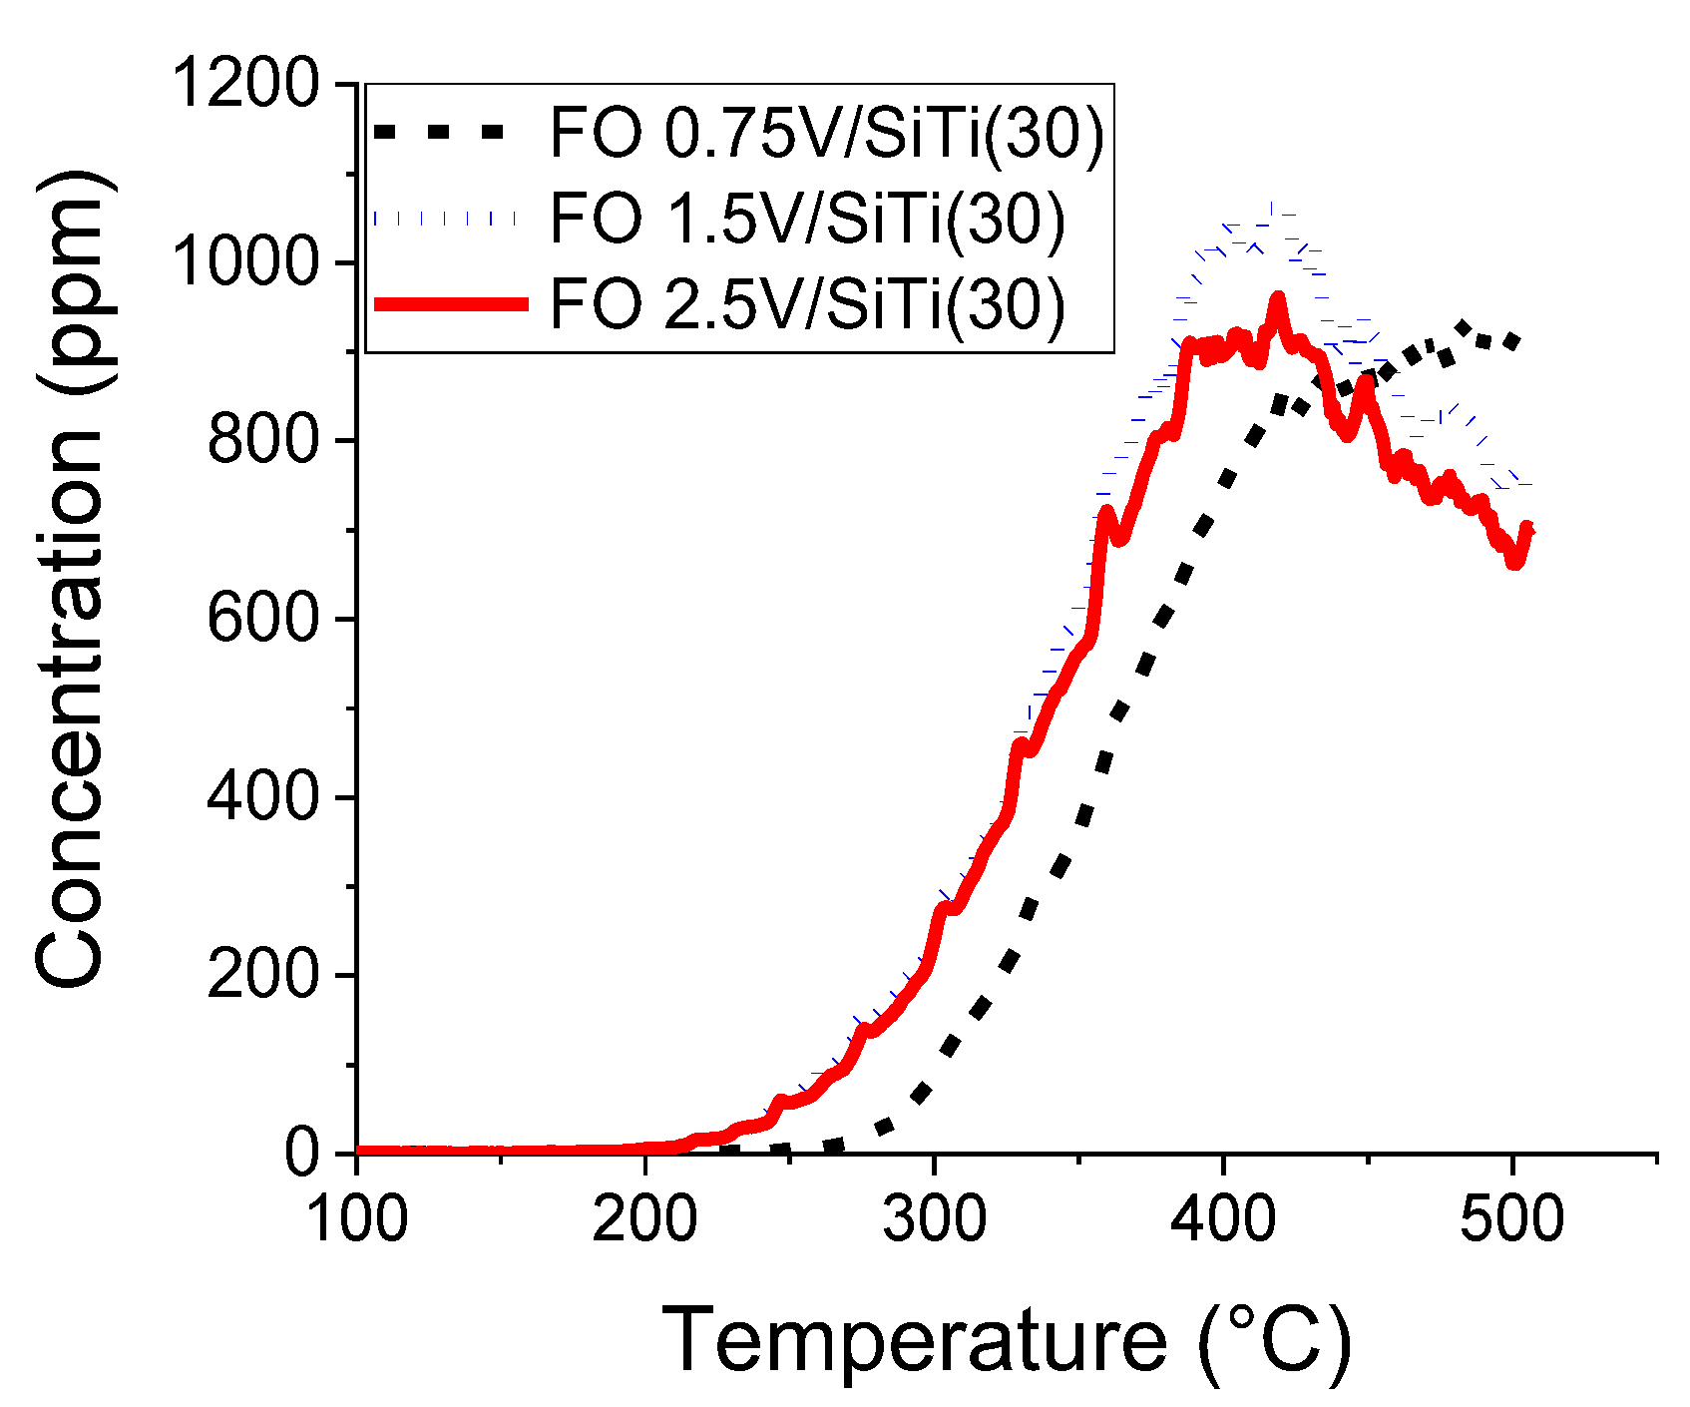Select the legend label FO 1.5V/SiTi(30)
point(806,218)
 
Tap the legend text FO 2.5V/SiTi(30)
point(806,303)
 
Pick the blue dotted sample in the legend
point(446,218)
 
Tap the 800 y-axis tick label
point(262,440)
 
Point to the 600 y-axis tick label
point(262,619)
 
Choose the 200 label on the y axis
point(262,975)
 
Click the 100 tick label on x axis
point(357,1219)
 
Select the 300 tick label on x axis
point(935,1219)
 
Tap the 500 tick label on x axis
point(1512,1219)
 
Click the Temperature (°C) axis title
point(1006,1340)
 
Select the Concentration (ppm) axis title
point(70,579)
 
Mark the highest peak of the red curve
point(1277,297)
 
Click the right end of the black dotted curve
point(1515,341)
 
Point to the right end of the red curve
point(1528,529)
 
